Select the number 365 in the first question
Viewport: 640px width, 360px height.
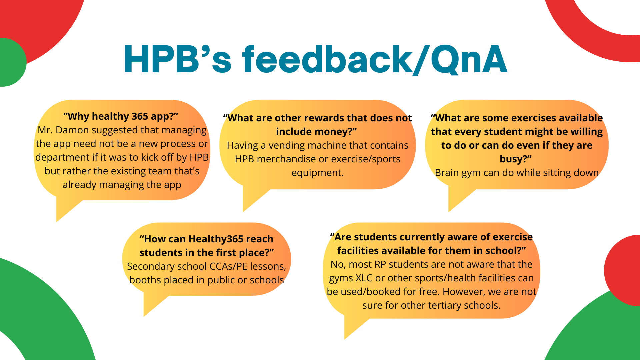point(140,116)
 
